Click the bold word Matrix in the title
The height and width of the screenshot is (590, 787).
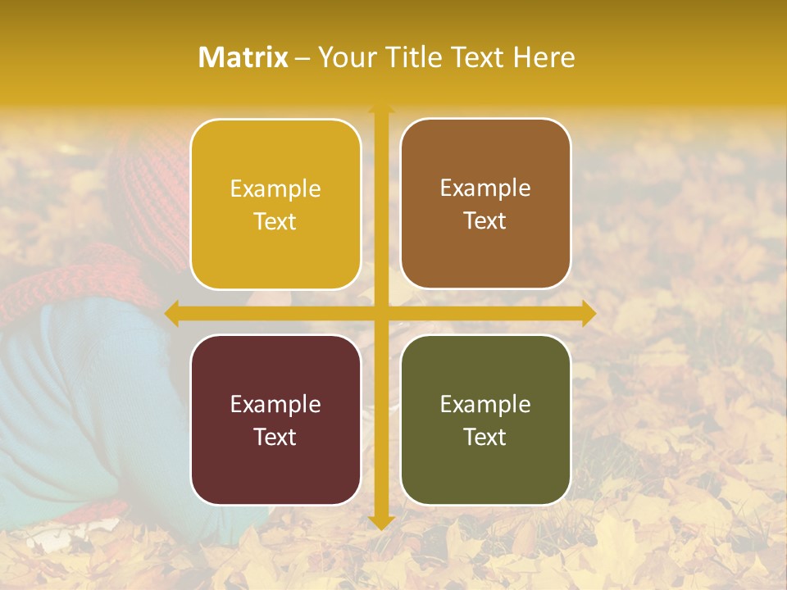[243, 57]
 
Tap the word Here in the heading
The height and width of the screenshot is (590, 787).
[544, 57]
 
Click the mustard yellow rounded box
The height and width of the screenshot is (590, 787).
[275, 205]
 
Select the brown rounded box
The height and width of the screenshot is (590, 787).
[485, 204]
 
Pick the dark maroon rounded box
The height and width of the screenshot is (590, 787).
[275, 420]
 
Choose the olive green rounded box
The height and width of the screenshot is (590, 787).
[485, 420]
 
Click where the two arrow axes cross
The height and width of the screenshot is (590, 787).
[381, 313]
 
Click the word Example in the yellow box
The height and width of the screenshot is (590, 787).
[275, 189]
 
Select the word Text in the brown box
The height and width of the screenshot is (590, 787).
[485, 221]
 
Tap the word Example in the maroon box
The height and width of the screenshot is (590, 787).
[275, 404]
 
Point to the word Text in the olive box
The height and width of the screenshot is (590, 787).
[485, 437]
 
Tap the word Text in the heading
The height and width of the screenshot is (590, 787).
[477, 57]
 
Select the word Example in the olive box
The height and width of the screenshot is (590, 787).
[485, 404]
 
